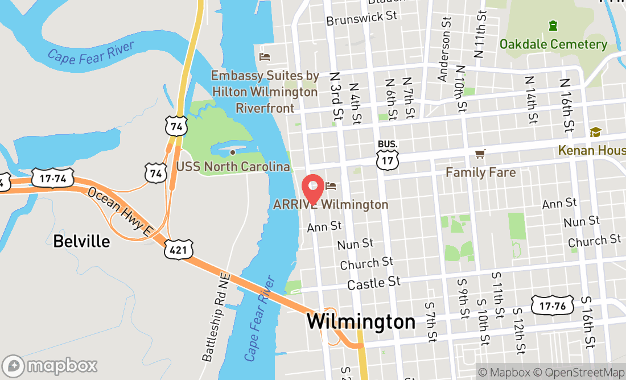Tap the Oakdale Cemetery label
click(x=553, y=44)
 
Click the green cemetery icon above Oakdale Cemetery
click(x=553, y=26)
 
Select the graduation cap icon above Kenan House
click(x=595, y=132)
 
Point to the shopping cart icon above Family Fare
click(x=480, y=154)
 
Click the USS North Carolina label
click(x=233, y=167)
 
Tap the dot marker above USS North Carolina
click(x=232, y=152)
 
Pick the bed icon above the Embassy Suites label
click(x=265, y=57)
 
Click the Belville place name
click(x=81, y=241)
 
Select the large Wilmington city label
click(x=361, y=321)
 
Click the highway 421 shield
click(x=180, y=250)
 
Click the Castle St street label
click(x=373, y=283)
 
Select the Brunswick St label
click(x=361, y=18)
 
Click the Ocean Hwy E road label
click(x=121, y=211)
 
